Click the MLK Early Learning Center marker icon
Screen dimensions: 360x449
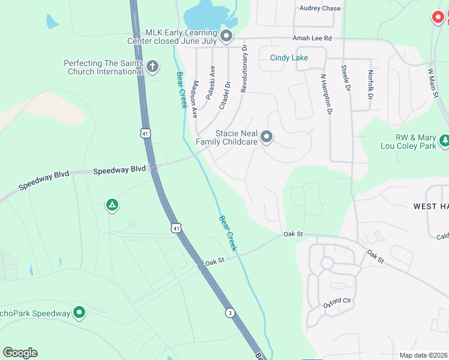click(226, 37)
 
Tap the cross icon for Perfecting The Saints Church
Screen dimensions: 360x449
click(152, 66)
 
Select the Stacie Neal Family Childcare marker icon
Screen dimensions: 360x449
click(266, 138)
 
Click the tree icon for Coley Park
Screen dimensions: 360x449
click(444, 140)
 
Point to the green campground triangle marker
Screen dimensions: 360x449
click(112, 206)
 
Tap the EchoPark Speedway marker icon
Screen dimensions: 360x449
click(79, 312)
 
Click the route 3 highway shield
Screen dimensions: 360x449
click(230, 313)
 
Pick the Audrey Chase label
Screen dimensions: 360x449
click(319, 8)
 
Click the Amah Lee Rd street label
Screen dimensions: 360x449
click(312, 38)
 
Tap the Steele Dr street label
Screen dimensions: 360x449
click(346, 79)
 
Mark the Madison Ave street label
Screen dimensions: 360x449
click(195, 99)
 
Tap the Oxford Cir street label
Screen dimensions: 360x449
click(337, 302)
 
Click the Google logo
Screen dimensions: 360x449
click(20, 352)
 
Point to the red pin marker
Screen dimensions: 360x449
click(438, 17)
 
